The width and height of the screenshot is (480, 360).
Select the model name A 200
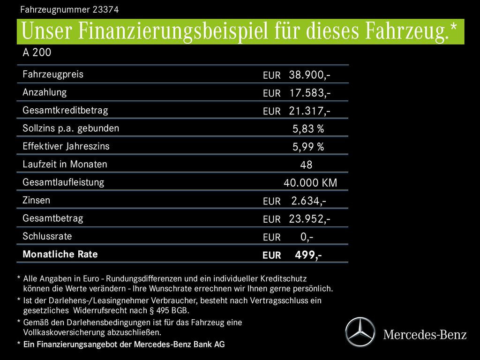37,52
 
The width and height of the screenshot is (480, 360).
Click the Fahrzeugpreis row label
53,74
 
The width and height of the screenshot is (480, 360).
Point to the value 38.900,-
310,75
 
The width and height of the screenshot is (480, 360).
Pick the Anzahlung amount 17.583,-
310,93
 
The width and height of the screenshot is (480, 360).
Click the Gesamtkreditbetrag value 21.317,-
310,111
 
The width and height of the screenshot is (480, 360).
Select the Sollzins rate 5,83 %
308,129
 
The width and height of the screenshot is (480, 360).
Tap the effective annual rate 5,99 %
308,147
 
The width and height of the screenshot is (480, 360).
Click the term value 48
306,165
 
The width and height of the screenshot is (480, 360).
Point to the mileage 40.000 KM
310,183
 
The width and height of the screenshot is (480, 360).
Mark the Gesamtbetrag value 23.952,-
310,219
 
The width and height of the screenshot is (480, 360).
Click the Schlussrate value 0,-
307,237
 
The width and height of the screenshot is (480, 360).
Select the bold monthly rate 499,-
308,255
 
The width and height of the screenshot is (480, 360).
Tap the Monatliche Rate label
60,255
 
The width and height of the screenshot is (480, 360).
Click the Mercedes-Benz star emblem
360,332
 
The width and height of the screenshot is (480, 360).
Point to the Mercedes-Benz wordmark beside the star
425,335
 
